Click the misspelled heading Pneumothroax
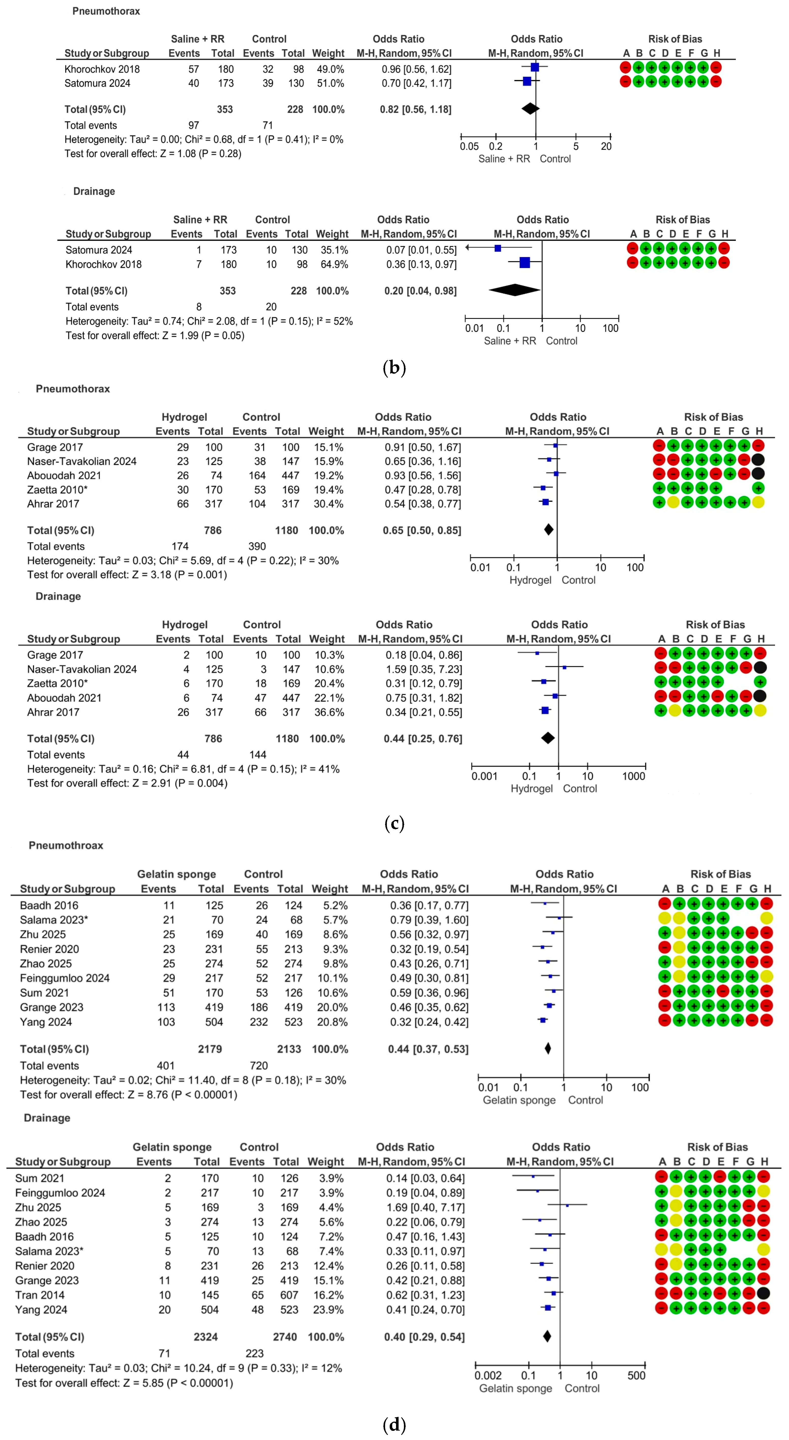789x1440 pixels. pos(66,845)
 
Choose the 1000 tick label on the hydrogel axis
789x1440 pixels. pos(634,776)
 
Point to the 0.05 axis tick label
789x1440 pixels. pos(469,147)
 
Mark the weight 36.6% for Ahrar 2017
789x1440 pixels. pos(327,712)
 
